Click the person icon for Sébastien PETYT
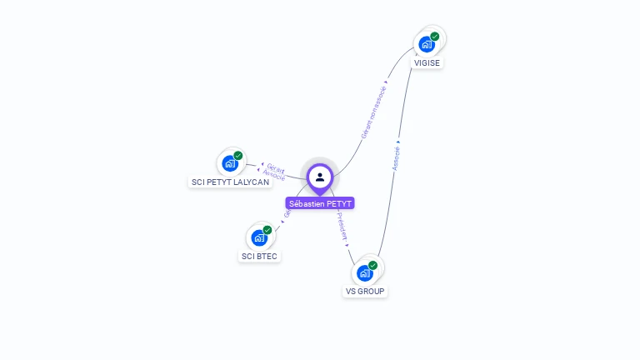(320, 177)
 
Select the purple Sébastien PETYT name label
(320, 203)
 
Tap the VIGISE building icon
(427, 44)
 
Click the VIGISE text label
(427, 63)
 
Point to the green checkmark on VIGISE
(435, 37)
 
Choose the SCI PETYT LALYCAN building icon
(230, 163)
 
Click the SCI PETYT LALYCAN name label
(230, 182)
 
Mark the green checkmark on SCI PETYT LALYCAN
(238, 156)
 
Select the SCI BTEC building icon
(259, 237)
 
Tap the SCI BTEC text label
(259, 257)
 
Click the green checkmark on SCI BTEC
(267, 230)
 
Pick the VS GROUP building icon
(365, 272)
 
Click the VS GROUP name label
(365, 292)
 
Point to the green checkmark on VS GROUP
(373, 265)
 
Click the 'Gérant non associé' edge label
(373, 112)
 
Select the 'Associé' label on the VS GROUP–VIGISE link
(396, 158)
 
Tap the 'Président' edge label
(342, 226)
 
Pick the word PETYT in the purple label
(338, 203)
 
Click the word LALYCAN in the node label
(252, 182)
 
